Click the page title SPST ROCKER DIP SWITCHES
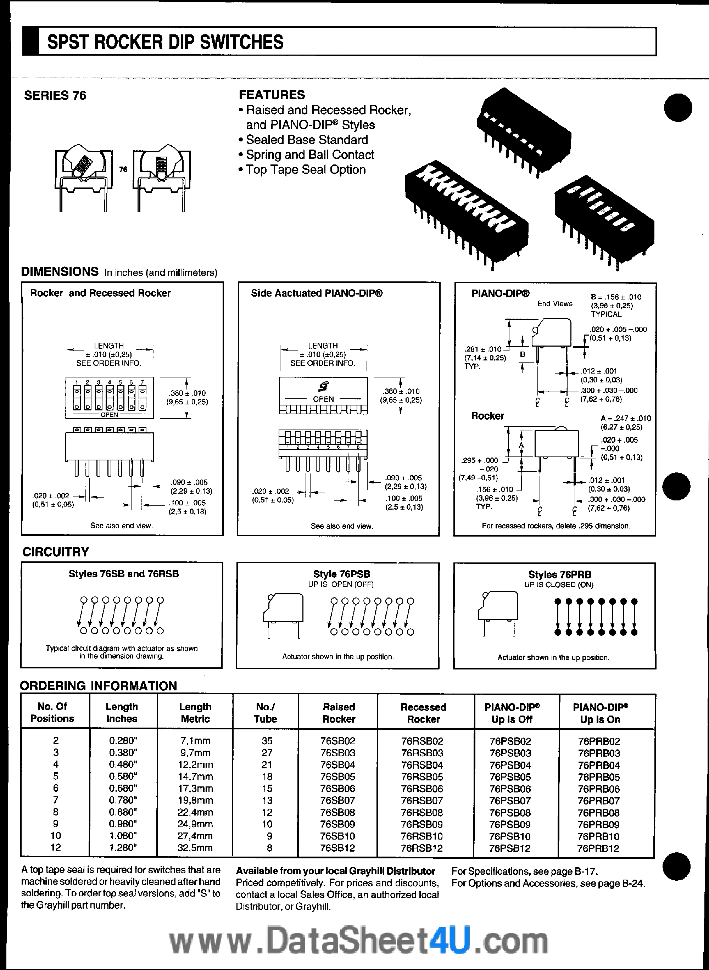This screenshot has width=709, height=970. tap(165, 43)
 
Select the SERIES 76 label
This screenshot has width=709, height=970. tap(55, 96)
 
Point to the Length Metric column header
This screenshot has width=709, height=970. tap(195, 713)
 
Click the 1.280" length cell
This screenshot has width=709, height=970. tap(122, 848)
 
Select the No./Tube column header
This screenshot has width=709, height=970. tap(265, 713)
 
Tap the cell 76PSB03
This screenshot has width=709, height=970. tap(510, 753)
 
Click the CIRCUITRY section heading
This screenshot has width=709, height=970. tap(55, 552)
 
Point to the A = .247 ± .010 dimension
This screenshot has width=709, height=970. tap(625, 419)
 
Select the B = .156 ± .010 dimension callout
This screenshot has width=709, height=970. tap(616, 297)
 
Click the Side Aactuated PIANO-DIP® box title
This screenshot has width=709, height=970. tap(317, 293)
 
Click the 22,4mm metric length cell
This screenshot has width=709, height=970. tap(195, 812)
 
